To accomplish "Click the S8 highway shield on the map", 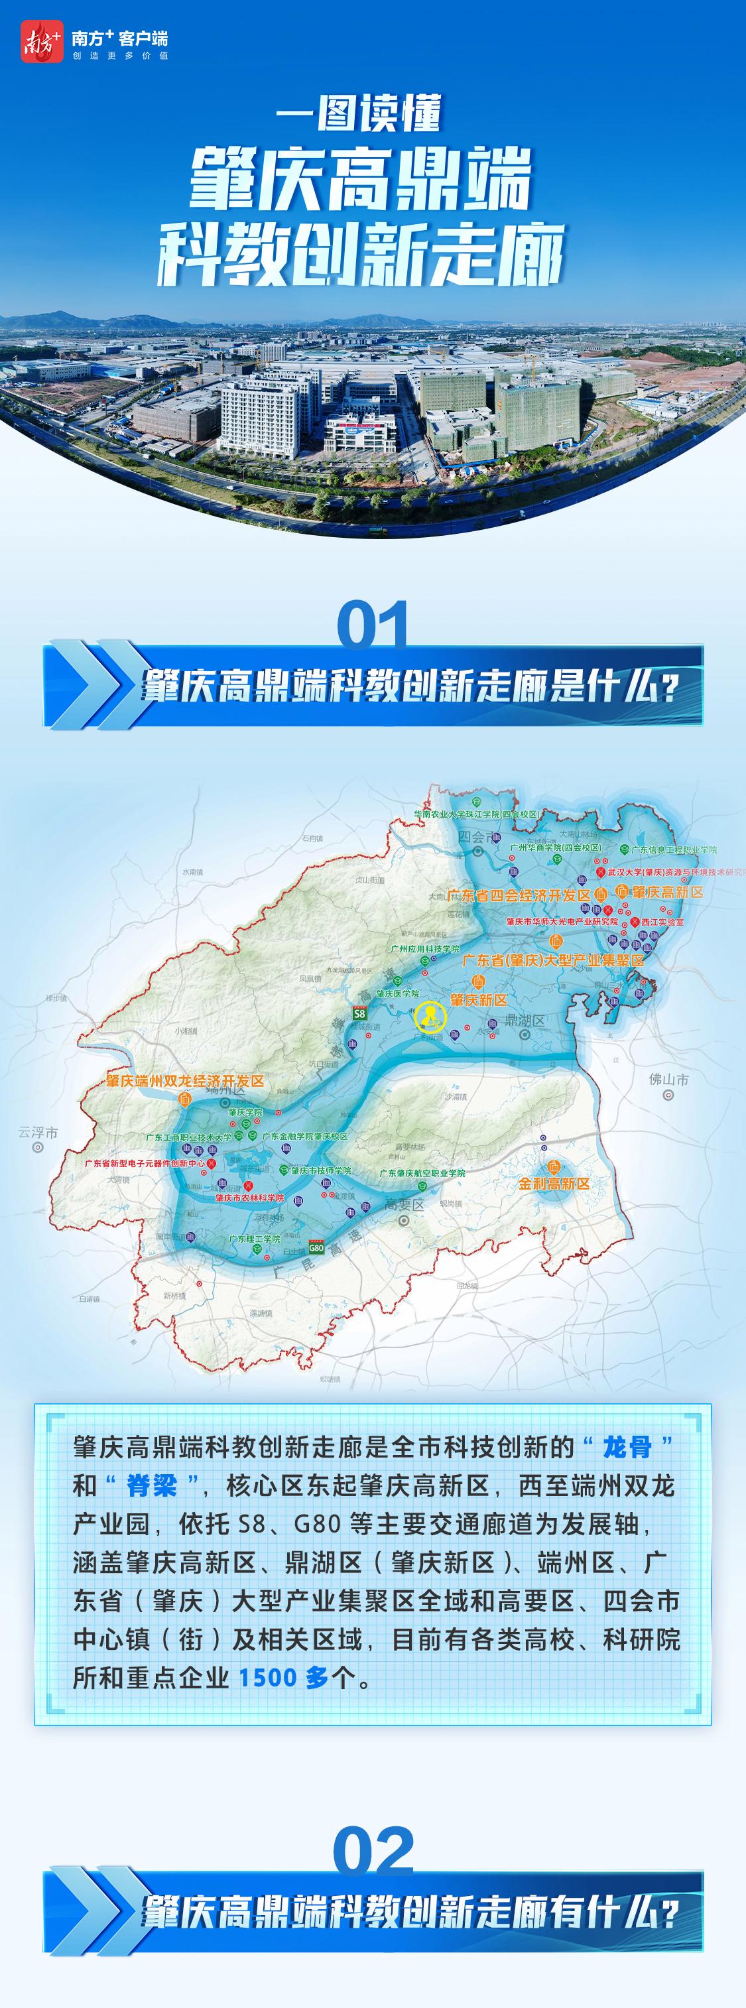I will tap(359, 1013).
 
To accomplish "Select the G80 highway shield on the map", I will tap(316, 1247).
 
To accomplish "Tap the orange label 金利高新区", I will tap(554, 1183).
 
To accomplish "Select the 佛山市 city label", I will tap(669, 1080).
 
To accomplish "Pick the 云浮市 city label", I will tap(37, 1133).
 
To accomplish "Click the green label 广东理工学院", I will tap(254, 1238).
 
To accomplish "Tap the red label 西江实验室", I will tap(662, 921).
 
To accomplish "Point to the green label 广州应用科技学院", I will tap(426, 949).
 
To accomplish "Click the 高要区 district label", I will tap(404, 1204).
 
